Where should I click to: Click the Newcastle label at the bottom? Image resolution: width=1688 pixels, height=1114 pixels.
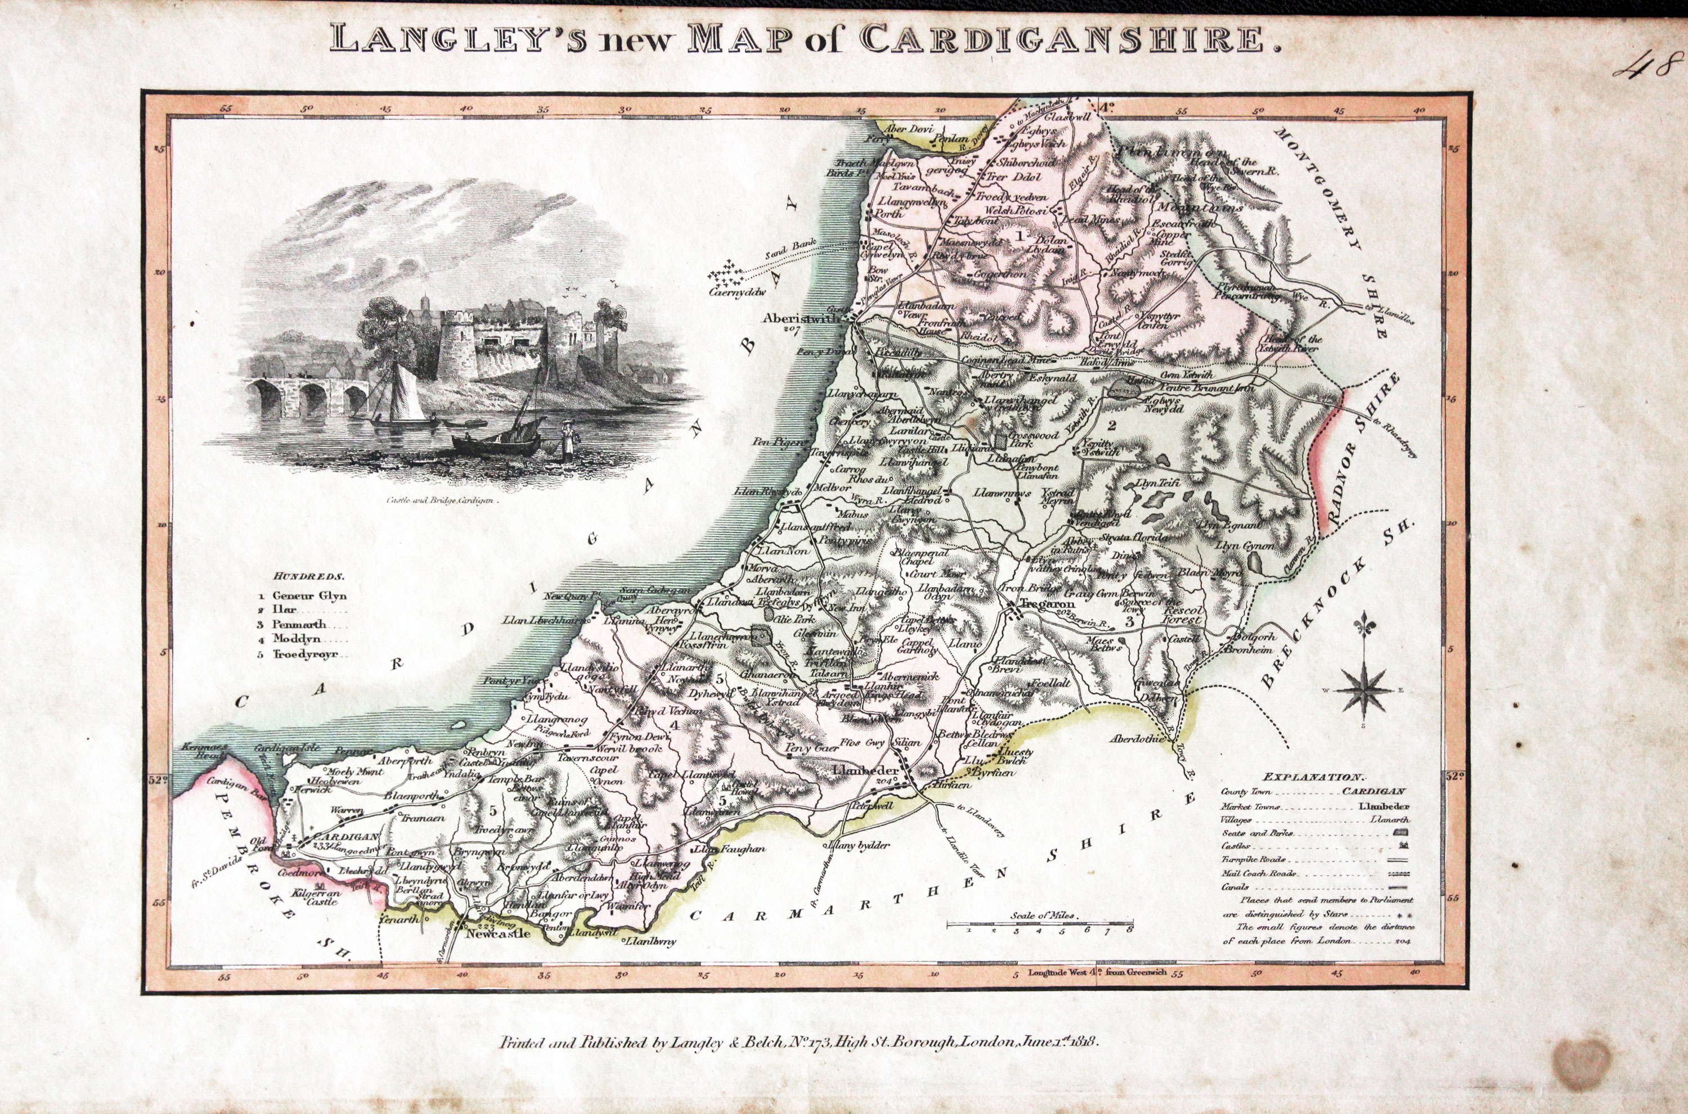pyautogui.click(x=497, y=933)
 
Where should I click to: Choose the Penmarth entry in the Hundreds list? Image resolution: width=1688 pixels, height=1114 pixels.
pyautogui.click(x=299, y=625)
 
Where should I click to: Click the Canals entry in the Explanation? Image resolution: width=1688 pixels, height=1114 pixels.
pyautogui.click(x=1234, y=887)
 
